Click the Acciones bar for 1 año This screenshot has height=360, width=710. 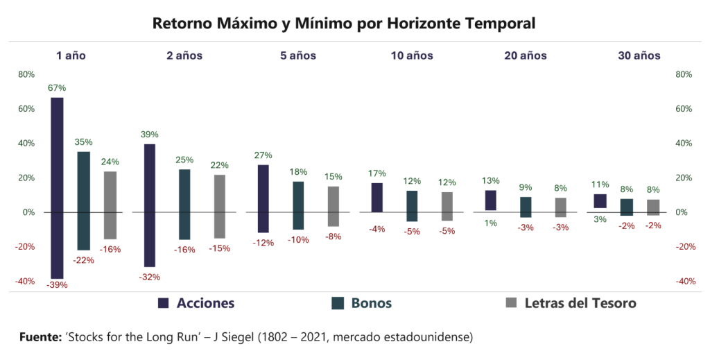(x=57, y=187)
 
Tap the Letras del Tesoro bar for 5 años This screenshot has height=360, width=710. (x=334, y=206)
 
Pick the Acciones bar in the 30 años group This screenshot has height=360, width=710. (x=600, y=200)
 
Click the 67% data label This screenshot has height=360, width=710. (x=57, y=88)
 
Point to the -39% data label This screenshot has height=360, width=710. (x=57, y=285)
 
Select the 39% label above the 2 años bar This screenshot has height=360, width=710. (x=150, y=135)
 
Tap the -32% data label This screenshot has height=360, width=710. (x=150, y=277)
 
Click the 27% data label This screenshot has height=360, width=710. (x=263, y=155)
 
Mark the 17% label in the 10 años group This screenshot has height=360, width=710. (x=377, y=173)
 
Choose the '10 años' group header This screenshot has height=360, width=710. (x=412, y=55)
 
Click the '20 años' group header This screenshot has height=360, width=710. (x=526, y=55)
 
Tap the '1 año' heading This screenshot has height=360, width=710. (x=71, y=55)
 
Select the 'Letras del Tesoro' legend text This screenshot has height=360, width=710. (x=580, y=303)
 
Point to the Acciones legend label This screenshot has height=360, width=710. (x=206, y=303)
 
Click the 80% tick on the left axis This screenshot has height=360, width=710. (x=26, y=74)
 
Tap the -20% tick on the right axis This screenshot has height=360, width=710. (x=684, y=247)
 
